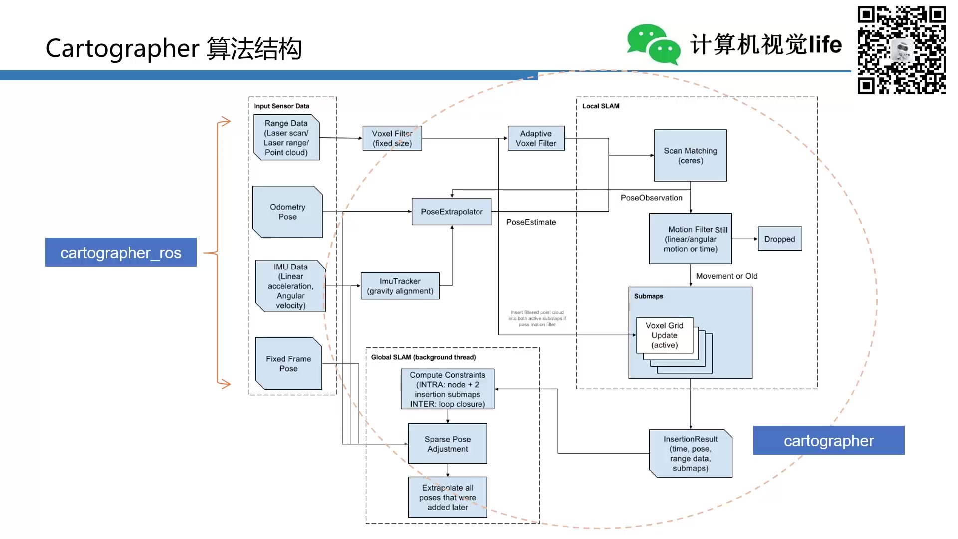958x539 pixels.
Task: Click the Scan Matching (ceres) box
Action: [690, 156]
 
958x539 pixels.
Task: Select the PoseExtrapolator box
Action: [452, 212]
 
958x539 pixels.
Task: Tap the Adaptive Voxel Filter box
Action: [536, 138]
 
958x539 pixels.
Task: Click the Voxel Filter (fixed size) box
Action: [392, 138]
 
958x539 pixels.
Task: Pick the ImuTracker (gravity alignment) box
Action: [400, 286]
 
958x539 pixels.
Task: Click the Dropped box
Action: [779, 239]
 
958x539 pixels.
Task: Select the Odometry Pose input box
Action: [287, 212]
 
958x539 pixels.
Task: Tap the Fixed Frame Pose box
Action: [288, 363]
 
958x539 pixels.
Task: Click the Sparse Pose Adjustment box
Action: [447, 444]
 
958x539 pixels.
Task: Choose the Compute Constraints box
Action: [447, 389]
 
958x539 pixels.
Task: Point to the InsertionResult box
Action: [690, 453]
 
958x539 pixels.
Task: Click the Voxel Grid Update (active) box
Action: [664, 335]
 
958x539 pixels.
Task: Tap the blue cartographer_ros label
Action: [121, 252]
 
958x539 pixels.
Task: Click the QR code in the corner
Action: [901, 50]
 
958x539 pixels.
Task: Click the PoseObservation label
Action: [651, 198]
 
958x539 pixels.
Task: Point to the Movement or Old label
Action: [726, 276]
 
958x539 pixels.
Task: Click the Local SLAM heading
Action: [600, 106]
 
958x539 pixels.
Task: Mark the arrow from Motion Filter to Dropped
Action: [744, 239]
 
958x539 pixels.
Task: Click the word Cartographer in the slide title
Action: [122, 48]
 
